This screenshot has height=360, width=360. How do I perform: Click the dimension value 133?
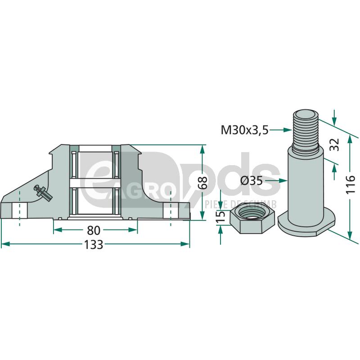[94, 245]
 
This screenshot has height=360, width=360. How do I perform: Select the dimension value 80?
[93, 230]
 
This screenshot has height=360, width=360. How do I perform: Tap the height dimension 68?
[202, 183]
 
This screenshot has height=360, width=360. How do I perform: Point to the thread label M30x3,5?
[244, 130]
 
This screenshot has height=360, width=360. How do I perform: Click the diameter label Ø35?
[251, 181]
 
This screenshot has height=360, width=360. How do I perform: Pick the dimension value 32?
[334, 145]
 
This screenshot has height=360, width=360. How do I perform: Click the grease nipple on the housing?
[44, 192]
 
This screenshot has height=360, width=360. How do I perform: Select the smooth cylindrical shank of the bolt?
[306, 184]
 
